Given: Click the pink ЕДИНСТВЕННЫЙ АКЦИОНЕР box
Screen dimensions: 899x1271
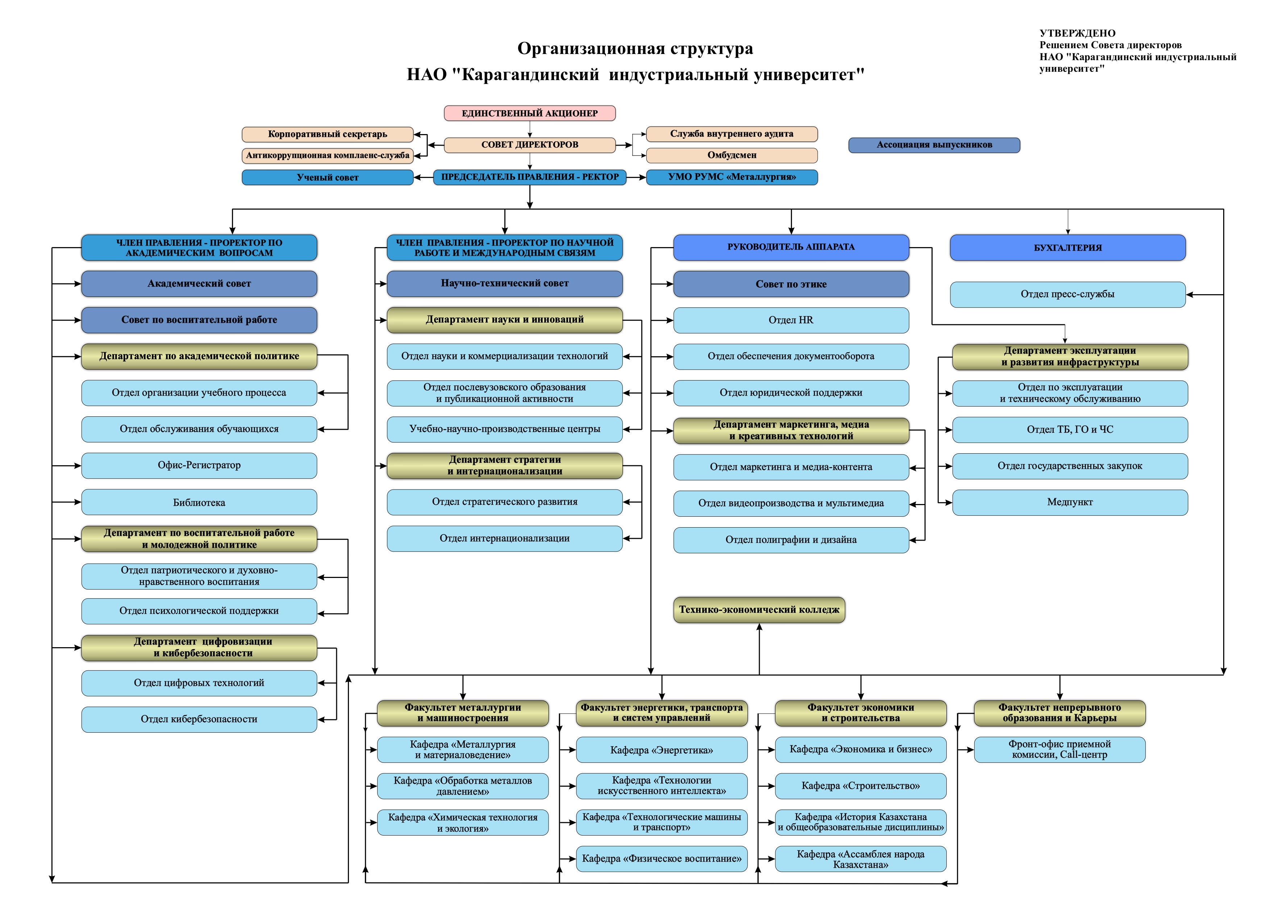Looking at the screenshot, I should pyautogui.click(x=529, y=113).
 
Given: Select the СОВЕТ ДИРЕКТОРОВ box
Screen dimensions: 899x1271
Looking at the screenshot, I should pyautogui.click(x=529, y=145).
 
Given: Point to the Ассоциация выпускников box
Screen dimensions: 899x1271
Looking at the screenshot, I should pyautogui.click(x=934, y=145).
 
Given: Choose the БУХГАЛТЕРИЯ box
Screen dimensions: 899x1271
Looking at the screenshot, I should pyautogui.click(x=1067, y=247).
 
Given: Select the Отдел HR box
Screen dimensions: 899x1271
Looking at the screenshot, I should pyautogui.click(x=791, y=320).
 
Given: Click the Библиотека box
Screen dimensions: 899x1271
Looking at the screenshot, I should pyautogui.click(x=199, y=503).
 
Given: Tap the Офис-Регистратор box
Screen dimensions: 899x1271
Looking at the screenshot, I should pyautogui.click(x=199, y=466).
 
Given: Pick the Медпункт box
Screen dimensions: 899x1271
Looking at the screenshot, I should pyautogui.click(x=1070, y=503).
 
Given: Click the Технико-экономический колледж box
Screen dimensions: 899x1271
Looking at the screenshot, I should pyautogui.click(x=759, y=609).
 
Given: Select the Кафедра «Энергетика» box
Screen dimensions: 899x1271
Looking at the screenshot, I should pyautogui.click(x=662, y=750).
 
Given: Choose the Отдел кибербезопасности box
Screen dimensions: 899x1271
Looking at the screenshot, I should pyautogui.click(x=199, y=719).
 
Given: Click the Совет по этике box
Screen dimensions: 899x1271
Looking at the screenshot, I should pyautogui.click(x=791, y=284).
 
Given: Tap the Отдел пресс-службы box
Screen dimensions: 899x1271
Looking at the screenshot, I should pyautogui.click(x=1067, y=295).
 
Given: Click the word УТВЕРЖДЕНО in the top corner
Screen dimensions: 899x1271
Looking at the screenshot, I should pyautogui.click(x=1077, y=33).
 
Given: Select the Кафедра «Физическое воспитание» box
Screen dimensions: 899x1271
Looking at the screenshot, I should pyautogui.click(x=662, y=858).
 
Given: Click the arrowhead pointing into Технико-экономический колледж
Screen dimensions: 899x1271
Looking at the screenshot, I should pyautogui.click(x=759, y=627).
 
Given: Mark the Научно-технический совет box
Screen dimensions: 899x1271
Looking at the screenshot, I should pyautogui.click(x=504, y=283).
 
